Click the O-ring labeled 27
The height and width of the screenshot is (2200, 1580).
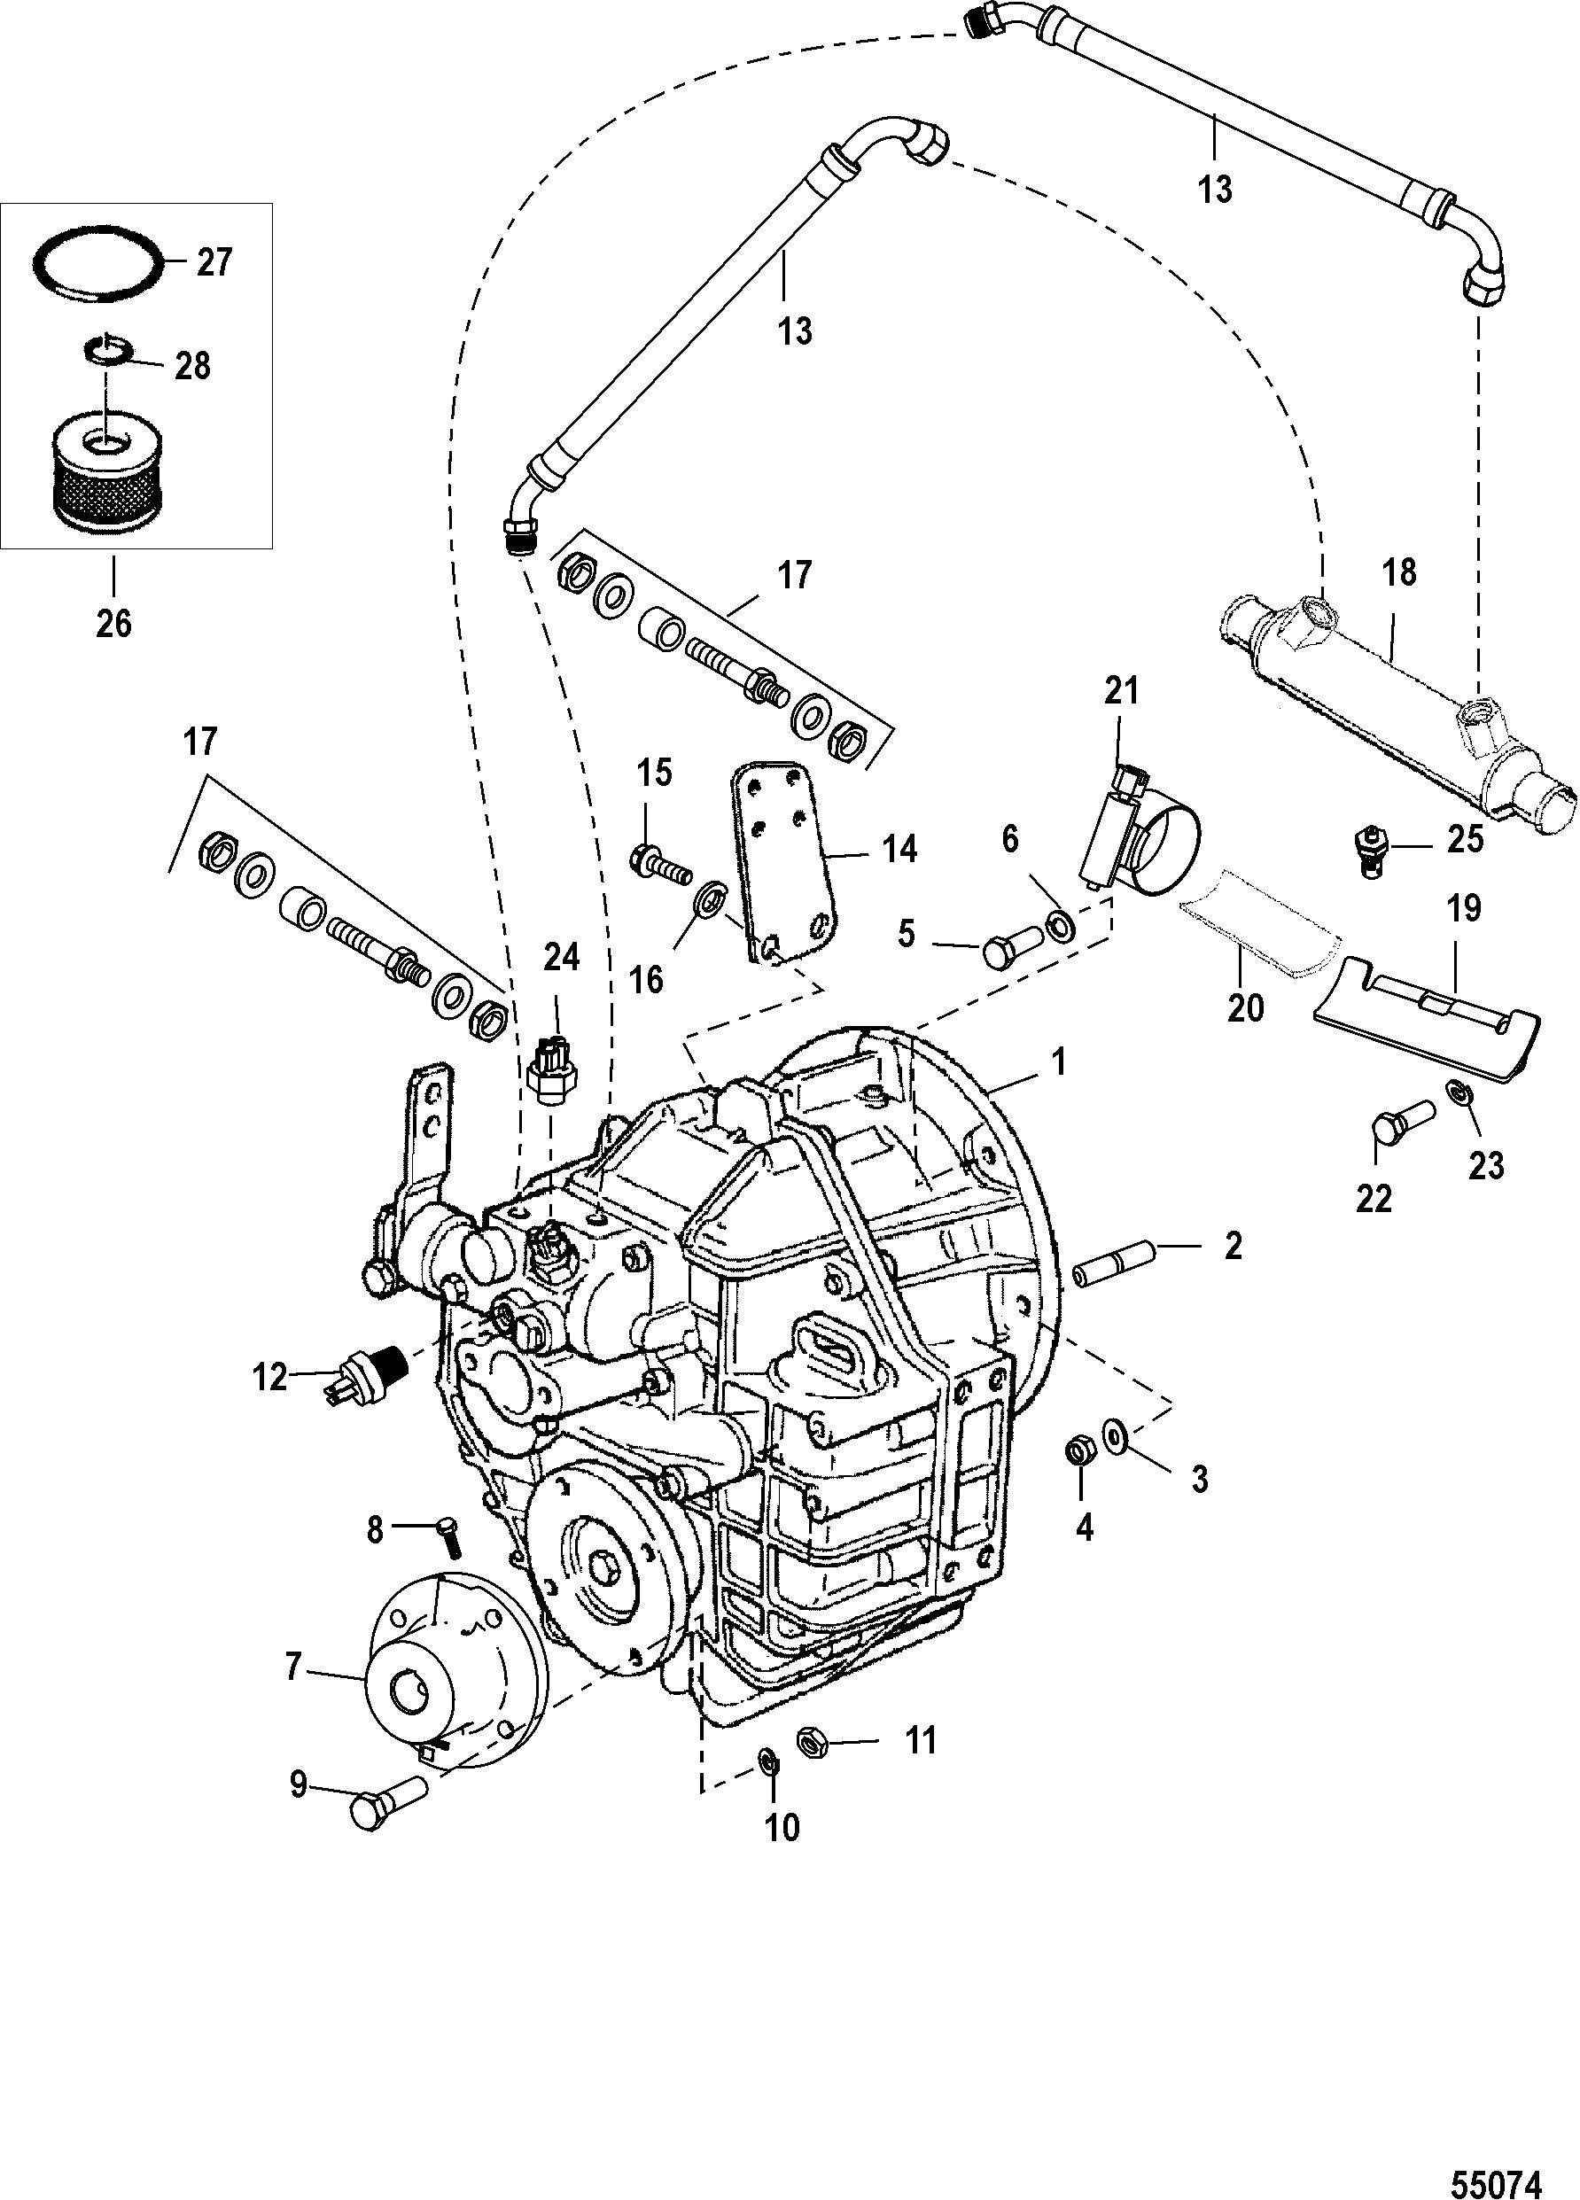click(95, 265)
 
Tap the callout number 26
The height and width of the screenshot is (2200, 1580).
click(113, 623)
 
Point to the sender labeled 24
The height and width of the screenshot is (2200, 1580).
click(549, 1077)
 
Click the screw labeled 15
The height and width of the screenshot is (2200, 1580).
click(661, 860)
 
